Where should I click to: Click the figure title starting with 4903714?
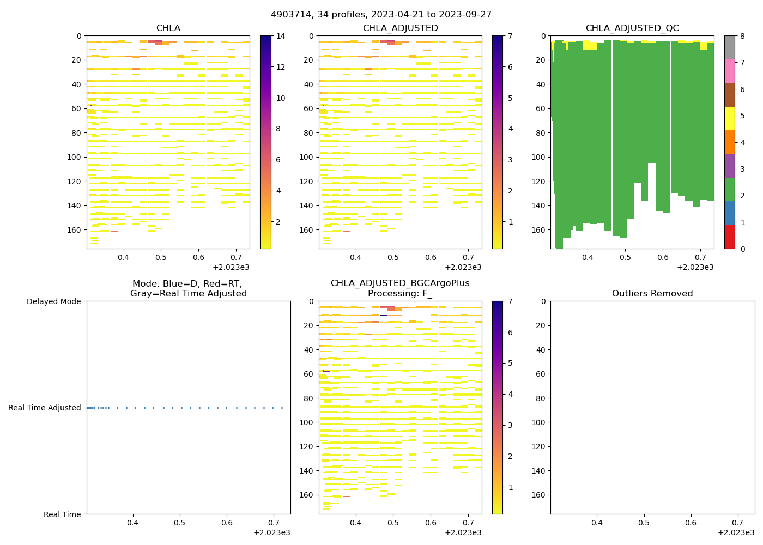(381, 15)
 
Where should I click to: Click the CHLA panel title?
(168, 28)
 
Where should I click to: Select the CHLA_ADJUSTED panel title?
(400, 28)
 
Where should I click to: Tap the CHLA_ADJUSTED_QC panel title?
(632, 28)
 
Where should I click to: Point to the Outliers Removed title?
(652, 294)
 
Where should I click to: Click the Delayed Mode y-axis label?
(53, 301)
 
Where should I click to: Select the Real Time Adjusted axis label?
(45, 408)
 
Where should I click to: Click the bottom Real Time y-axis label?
(62, 514)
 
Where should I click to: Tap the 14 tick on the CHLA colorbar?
(281, 37)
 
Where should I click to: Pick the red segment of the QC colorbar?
(730, 237)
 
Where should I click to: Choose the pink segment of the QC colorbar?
(730, 71)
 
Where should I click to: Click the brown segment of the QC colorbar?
(730, 95)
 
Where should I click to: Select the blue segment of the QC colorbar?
(730, 213)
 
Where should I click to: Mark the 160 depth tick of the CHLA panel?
(75, 230)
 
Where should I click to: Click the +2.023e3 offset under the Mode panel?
(272, 532)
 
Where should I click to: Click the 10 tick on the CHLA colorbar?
(281, 98)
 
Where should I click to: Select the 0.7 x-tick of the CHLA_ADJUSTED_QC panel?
(700, 257)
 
